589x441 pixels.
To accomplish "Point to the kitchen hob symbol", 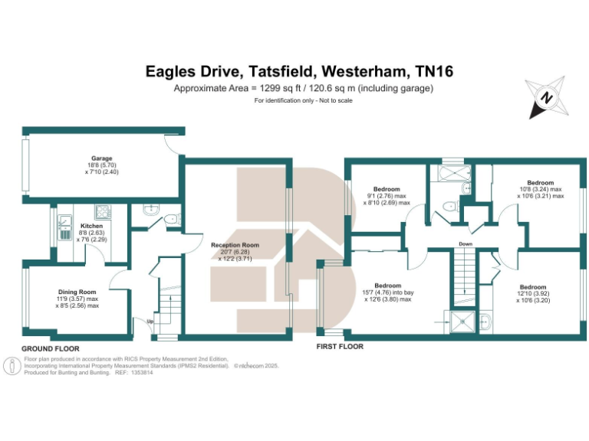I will click(101, 211).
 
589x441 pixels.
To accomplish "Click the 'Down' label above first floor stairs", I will click(465, 245).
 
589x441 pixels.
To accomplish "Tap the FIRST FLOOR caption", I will click(340, 347).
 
